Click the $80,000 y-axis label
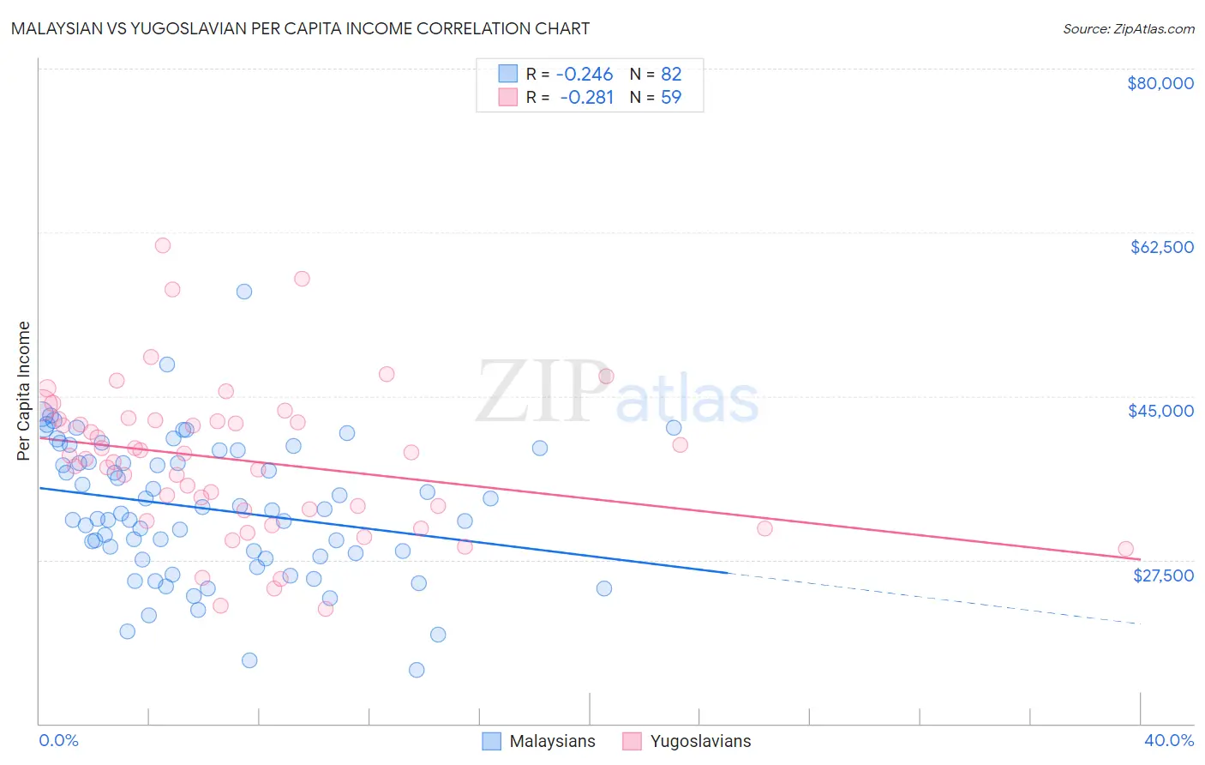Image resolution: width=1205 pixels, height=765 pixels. coord(1160,83)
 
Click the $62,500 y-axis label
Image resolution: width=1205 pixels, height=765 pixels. coord(1161,247)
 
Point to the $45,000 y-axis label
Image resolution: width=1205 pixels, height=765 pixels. coord(1160,411)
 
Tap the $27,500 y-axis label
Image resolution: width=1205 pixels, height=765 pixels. coord(1163,575)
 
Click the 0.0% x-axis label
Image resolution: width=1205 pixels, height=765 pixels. coord(58,740)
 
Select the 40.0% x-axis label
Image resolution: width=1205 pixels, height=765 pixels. coord(1168,740)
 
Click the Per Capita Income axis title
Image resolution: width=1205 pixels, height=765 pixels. coord(24,390)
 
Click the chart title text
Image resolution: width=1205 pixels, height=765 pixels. coord(300,28)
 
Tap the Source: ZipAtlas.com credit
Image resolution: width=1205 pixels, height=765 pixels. coord(1128,28)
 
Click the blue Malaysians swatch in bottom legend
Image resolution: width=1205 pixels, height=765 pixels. coord(491,741)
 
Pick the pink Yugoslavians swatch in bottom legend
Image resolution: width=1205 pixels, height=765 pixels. coord(632,741)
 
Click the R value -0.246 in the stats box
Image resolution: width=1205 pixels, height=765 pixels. coord(585,75)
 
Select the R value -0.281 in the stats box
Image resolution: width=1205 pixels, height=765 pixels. coord(586,97)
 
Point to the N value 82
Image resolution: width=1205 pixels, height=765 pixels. coord(670,75)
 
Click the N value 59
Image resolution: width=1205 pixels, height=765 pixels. coord(670,97)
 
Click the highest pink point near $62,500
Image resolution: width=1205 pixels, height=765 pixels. coord(162,245)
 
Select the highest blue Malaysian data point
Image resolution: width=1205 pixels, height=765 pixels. coord(244,292)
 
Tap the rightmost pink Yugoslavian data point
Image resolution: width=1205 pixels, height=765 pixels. coord(1125,549)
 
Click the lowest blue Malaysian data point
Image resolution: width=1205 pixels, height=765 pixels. coord(417,670)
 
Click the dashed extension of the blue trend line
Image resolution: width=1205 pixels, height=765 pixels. coord(934,598)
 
